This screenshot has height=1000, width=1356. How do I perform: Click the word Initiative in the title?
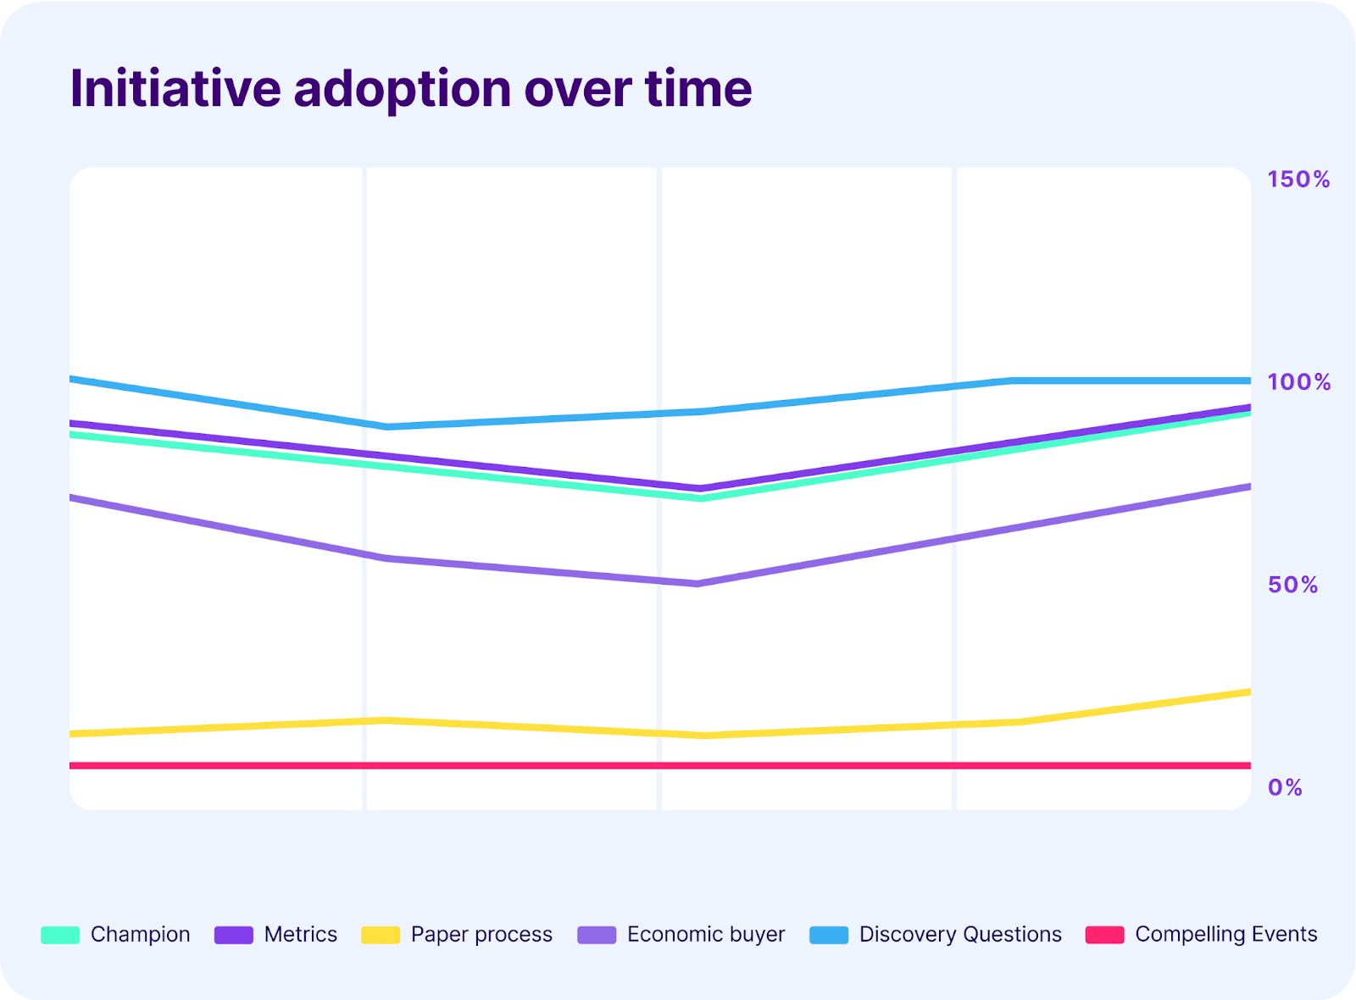tap(175, 88)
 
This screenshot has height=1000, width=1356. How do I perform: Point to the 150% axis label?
tap(1298, 180)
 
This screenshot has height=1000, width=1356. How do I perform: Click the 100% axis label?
tap(1298, 382)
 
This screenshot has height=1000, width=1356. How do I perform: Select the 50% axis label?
tap(1292, 585)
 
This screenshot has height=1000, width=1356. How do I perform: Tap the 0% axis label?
tap(1285, 788)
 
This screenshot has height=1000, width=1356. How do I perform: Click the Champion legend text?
tap(140, 934)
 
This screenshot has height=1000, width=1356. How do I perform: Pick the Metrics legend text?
tap(300, 934)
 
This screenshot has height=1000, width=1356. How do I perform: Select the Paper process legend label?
tap(481, 934)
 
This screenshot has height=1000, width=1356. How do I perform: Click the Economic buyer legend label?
tap(705, 934)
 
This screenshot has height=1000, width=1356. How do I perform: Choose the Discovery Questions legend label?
tap(959, 934)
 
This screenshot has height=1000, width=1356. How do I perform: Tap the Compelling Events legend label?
tap(1225, 934)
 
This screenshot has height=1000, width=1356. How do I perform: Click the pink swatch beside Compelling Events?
tap(1104, 935)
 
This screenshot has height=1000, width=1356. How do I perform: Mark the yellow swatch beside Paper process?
tap(381, 935)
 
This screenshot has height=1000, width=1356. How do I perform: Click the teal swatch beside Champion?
tap(60, 935)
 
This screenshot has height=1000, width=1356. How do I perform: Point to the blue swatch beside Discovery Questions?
tap(829, 935)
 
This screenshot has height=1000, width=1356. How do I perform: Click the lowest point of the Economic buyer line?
tap(697, 584)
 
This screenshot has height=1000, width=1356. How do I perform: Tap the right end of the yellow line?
tap(1247, 692)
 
